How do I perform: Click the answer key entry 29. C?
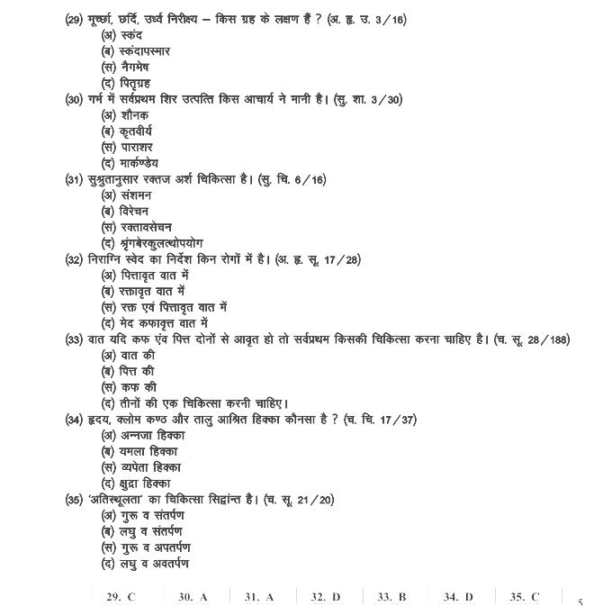point(121,596)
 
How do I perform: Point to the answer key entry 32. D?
point(325,596)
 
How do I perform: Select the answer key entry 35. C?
point(525,596)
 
